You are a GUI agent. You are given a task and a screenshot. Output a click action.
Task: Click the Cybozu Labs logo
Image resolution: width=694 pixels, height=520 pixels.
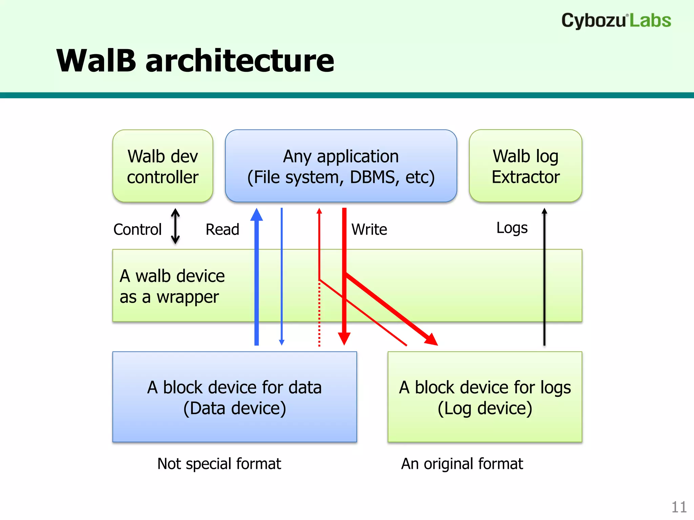[x=616, y=20]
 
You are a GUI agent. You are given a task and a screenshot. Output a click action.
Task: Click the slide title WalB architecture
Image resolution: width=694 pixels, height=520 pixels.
[x=195, y=61]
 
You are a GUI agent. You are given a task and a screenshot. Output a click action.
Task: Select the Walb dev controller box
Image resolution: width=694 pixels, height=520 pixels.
[x=163, y=166]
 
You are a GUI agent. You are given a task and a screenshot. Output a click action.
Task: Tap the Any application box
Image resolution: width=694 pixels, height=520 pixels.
[x=341, y=166]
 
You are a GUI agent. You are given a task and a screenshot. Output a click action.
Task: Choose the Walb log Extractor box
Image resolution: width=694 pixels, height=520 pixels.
[x=525, y=166]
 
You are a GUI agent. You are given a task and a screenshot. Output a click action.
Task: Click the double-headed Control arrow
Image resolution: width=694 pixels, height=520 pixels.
[x=175, y=226]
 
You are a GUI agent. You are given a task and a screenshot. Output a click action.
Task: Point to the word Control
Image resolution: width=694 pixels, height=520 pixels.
[x=137, y=230]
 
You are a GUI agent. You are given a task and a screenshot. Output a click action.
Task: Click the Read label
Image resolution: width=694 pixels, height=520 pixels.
[x=222, y=230]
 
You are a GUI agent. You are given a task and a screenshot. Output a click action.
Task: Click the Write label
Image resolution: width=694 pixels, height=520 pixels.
[x=369, y=230]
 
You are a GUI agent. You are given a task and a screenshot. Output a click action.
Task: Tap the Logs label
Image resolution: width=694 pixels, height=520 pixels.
[x=512, y=228]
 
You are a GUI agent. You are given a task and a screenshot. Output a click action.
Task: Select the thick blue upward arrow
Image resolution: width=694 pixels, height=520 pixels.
[x=257, y=278]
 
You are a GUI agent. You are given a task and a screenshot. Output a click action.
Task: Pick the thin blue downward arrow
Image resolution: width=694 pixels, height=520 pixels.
[x=282, y=278]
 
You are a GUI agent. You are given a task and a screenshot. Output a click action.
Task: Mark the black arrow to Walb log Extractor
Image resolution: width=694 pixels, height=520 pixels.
[x=544, y=278]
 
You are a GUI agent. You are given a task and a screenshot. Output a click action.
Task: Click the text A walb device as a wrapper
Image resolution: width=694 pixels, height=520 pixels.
[x=172, y=286]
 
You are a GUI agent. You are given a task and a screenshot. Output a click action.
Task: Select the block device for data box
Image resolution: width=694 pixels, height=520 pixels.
[x=234, y=397]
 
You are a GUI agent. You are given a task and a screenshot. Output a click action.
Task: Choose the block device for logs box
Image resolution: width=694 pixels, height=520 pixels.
[x=485, y=397]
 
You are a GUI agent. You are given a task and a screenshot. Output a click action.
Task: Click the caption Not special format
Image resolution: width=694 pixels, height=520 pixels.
[x=219, y=464]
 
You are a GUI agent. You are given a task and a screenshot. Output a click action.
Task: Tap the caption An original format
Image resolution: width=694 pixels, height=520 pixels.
[x=462, y=464]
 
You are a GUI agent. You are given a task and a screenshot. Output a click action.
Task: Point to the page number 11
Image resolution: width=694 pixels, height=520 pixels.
[x=679, y=507]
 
